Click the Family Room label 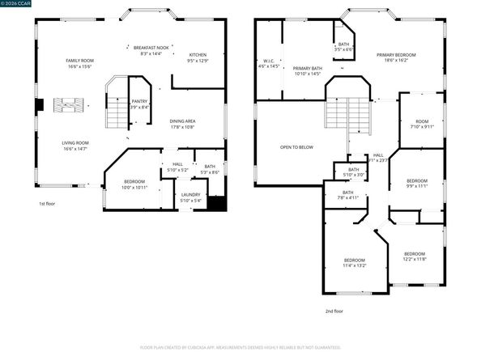tap(80, 64)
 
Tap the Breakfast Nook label tap(151, 50)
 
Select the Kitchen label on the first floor tap(198, 57)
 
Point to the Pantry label tap(139, 104)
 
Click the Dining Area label tap(183, 124)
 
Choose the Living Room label tap(74, 146)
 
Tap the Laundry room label tap(190, 197)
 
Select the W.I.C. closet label tap(270, 63)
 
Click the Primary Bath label tap(307, 71)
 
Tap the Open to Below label tap(296, 147)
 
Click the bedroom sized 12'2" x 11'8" tap(415, 256)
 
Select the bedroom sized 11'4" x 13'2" tap(355, 262)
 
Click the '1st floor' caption tap(48, 204)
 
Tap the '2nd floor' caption tap(334, 310)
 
